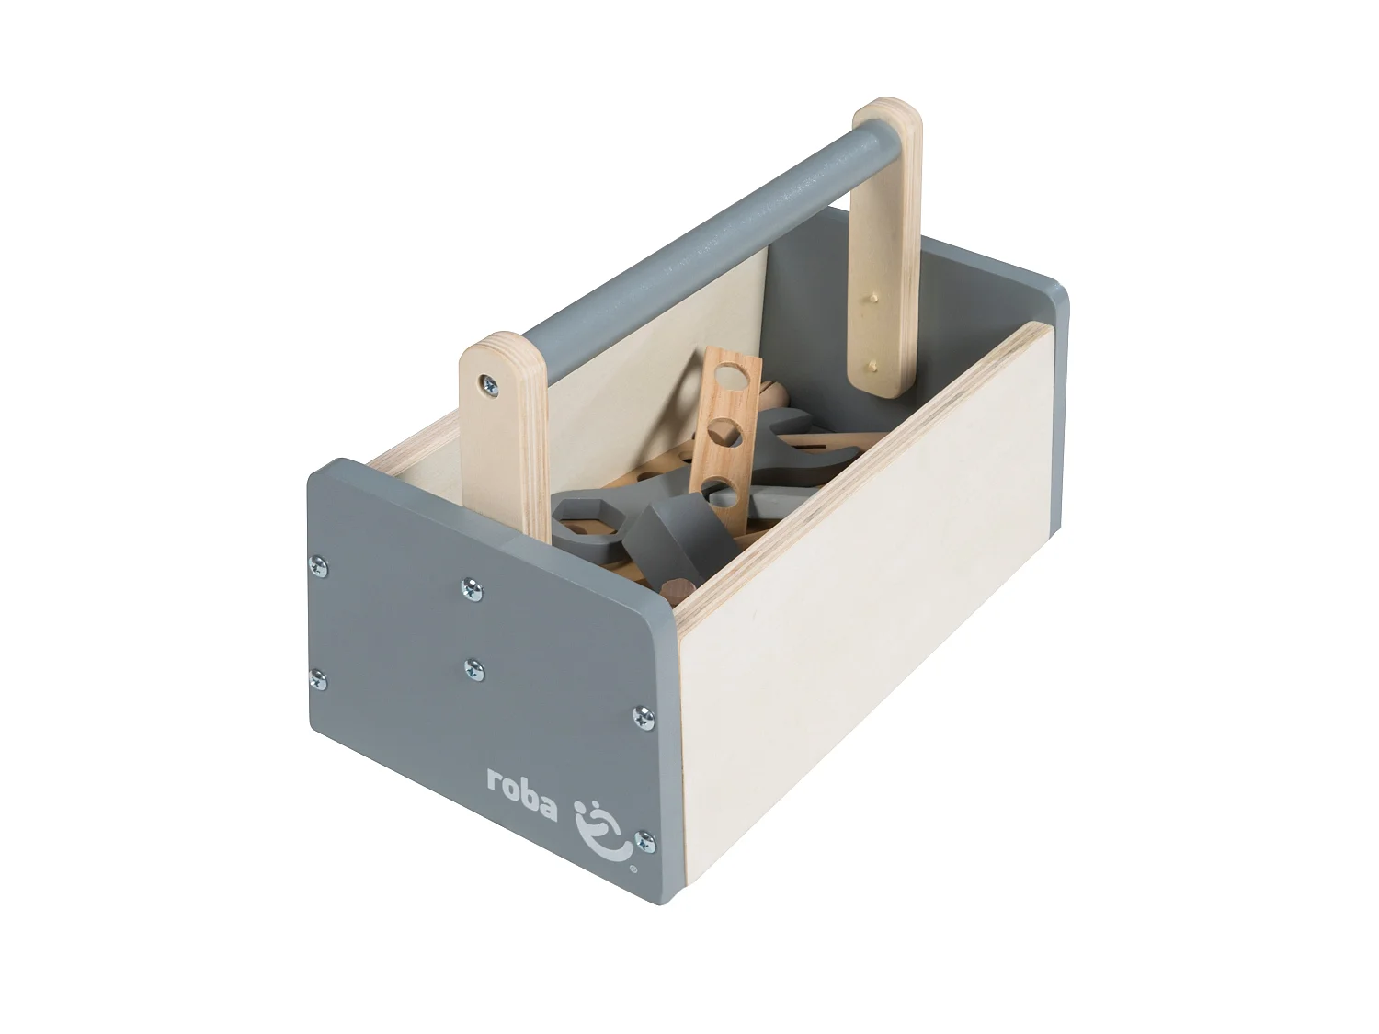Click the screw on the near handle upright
[x=486, y=382]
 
